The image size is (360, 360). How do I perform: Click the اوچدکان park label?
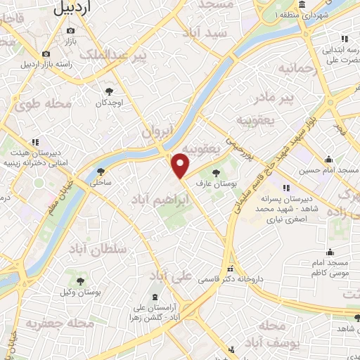[110, 103]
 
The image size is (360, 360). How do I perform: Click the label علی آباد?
[172, 276]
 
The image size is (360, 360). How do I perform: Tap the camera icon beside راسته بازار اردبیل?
[46, 54]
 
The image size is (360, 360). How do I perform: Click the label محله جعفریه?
[50, 323]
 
